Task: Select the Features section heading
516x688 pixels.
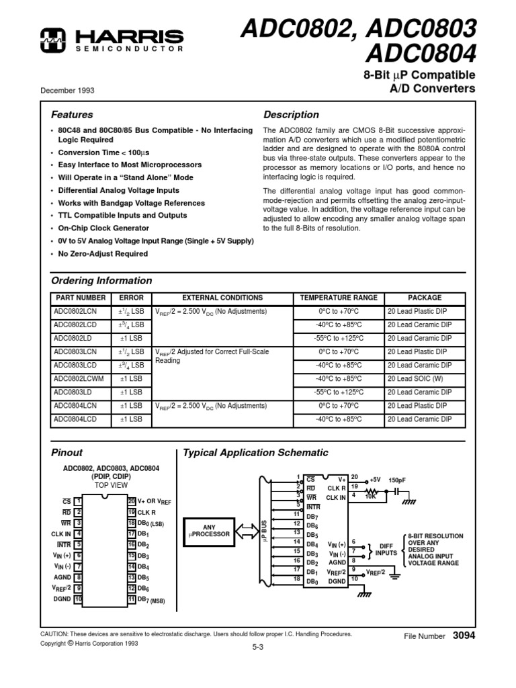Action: [x=73, y=115]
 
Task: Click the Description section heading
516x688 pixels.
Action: [x=291, y=115]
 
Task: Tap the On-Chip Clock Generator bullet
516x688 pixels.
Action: [x=94, y=228]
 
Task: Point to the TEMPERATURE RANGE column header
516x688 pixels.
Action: [x=339, y=298]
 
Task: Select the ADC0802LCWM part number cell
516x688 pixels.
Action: [x=78, y=379]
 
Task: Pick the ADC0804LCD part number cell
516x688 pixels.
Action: [x=75, y=419]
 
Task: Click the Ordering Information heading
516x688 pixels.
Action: [x=101, y=281]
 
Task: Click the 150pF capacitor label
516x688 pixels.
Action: [x=397, y=480]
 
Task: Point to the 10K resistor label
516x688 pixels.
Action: [x=370, y=497]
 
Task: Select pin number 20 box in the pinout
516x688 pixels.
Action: [x=132, y=501]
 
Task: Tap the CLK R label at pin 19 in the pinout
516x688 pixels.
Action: [x=148, y=512]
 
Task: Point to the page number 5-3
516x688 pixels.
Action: [x=257, y=648]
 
